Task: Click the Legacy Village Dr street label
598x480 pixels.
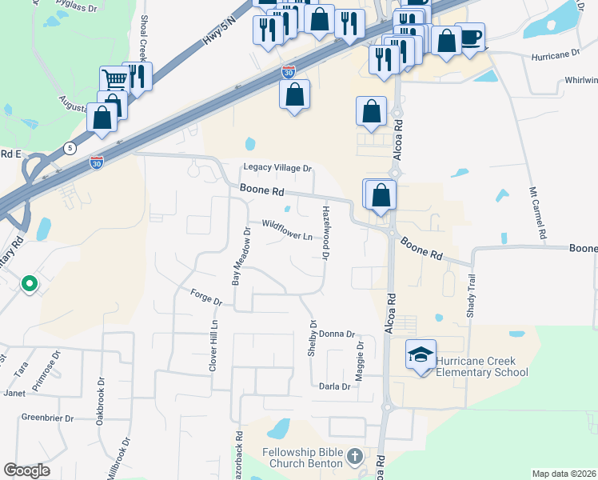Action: click(277, 168)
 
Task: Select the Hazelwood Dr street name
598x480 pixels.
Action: click(326, 232)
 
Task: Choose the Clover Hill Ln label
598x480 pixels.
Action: click(213, 346)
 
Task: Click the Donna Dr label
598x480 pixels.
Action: click(336, 334)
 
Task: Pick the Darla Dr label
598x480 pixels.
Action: click(334, 386)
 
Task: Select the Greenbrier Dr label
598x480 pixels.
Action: click(47, 418)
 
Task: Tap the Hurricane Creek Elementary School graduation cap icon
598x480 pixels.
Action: click(421, 354)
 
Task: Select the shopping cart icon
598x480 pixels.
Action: click(114, 80)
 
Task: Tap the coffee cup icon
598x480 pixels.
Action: click(471, 37)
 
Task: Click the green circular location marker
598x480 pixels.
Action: click(30, 283)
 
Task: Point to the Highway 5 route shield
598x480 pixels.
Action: click(70, 149)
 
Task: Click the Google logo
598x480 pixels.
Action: click(26, 470)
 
